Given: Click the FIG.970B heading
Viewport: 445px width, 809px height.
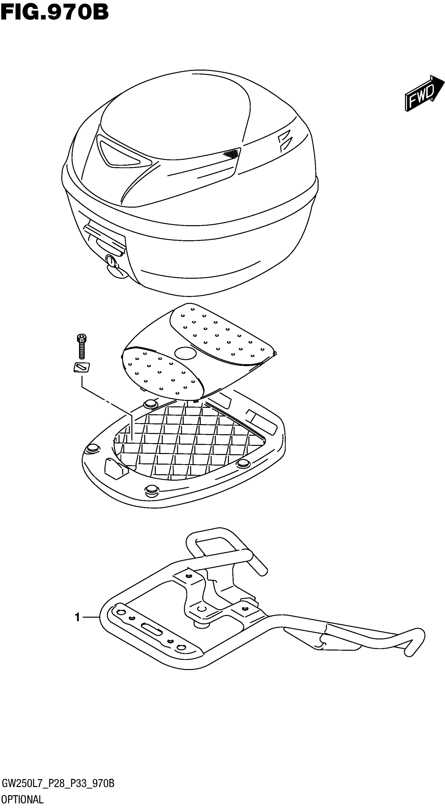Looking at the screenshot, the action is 55,13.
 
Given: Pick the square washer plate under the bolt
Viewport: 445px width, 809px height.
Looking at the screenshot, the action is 81,367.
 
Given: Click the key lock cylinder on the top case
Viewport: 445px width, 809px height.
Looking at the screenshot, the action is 110,260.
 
